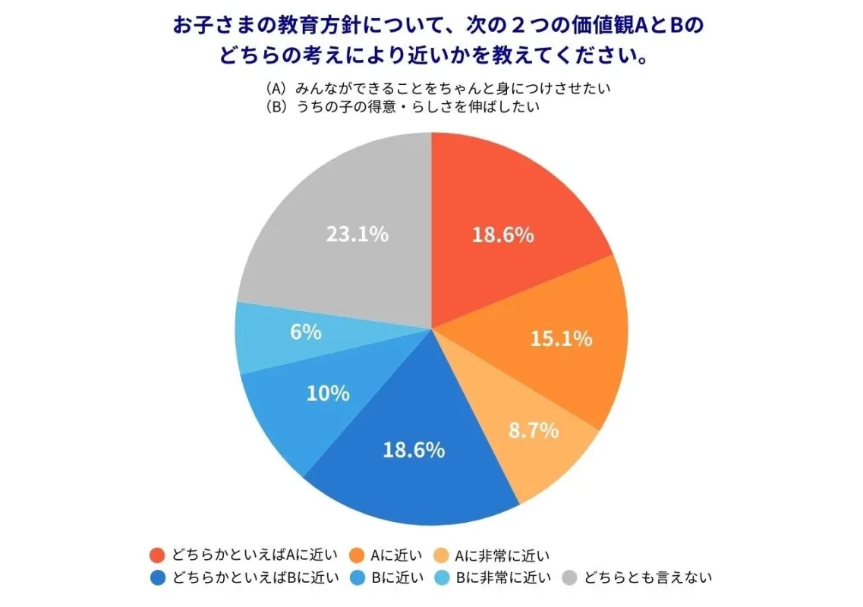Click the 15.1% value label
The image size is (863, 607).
tap(560, 338)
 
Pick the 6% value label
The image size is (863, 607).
tap(306, 332)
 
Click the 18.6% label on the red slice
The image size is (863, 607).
tap(502, 235)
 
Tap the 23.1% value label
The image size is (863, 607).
tap(357, 234)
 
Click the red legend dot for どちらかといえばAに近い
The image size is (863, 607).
tap(158, 555)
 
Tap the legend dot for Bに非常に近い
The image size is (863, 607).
tap(447, 578)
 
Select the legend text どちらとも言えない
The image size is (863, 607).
tap(647, 578)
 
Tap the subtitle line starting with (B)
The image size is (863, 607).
tap(402, 107)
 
